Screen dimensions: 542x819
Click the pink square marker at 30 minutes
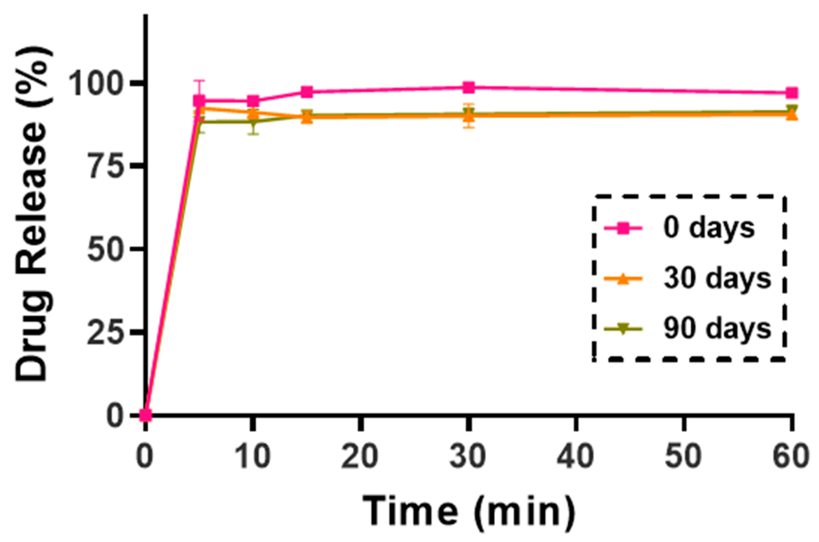(x=468, y=87)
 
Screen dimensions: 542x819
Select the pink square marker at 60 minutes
(x=791, y=93)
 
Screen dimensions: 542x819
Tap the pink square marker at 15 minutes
(x=307, y=92)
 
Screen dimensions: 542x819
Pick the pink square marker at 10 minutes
(x=253, y=101)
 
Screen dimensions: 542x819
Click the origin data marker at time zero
(x=146, y=415)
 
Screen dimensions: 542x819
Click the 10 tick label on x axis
(x=253, y=457)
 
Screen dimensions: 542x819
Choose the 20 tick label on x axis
(x=360, y=457)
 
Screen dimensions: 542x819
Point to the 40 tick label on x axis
(x=576, y=457)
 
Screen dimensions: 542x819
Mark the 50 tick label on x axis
(x=684, y=457)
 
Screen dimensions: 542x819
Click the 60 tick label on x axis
(x=791, y=457)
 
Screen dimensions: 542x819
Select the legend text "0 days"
(x=709, y=228)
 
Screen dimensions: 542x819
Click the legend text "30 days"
(x=717, y=279)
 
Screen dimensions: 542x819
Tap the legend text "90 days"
(x=717, y=329)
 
